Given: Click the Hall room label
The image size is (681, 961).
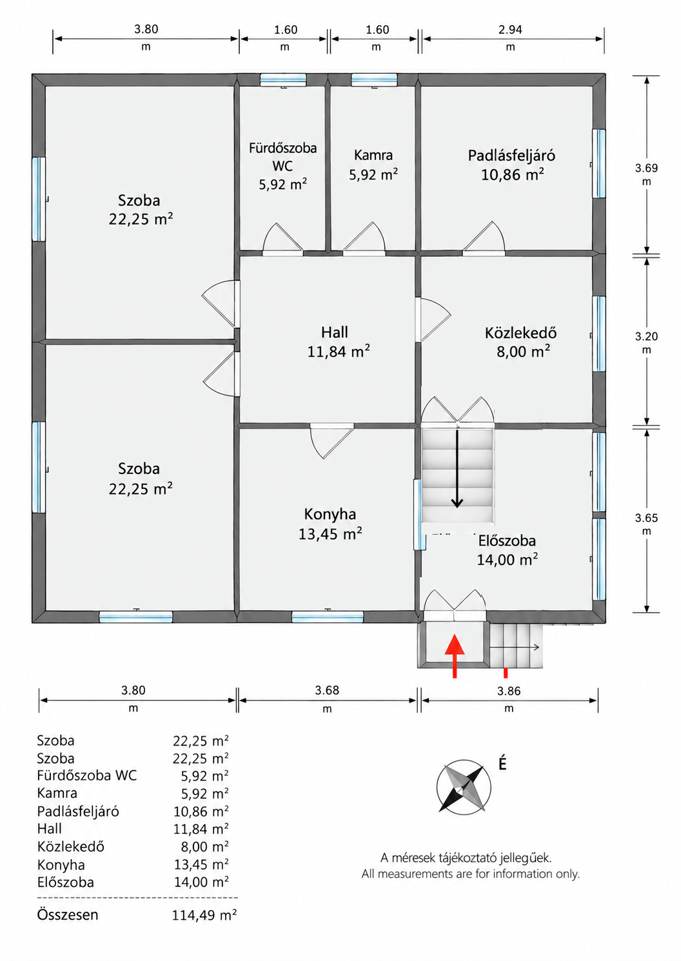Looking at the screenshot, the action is click(x=335, y=333).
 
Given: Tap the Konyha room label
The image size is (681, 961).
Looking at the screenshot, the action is click(x=330, y=514).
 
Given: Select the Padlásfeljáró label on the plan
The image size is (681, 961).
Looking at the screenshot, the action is click(x=511, y=155).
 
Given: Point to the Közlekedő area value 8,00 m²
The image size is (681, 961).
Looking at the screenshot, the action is click(x=523, y=352).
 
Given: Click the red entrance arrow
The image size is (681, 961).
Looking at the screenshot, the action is click(x=455, y=656).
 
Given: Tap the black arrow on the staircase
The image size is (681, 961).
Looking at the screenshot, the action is click(x=457, y=469).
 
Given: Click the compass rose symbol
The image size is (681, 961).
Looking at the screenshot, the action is click(x=464, y=788).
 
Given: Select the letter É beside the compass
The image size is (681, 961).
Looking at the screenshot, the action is click(x=502, y=763).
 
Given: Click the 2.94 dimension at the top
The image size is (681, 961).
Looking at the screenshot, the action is click(x=510, y=30).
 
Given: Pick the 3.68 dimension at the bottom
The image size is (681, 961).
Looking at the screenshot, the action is click(x=327, y=690).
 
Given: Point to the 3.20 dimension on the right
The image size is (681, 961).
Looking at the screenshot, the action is click(x=646, y=337).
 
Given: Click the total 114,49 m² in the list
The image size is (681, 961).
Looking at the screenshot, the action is click(x=204, y=915).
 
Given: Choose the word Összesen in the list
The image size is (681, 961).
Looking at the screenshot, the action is click(x=67, y=915).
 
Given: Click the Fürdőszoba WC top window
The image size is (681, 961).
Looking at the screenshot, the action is click(x=283, y=80).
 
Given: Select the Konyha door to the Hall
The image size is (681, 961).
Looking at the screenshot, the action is click(x=331, y=441).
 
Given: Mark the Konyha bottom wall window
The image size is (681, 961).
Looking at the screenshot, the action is click(x=328, y=617).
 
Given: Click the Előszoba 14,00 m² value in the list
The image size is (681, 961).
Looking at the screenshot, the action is click(x=201, y=882).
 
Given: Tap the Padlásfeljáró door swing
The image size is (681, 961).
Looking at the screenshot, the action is click(x=484, y=238).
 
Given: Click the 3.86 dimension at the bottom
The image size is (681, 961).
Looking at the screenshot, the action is click(x=509, y=691).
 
